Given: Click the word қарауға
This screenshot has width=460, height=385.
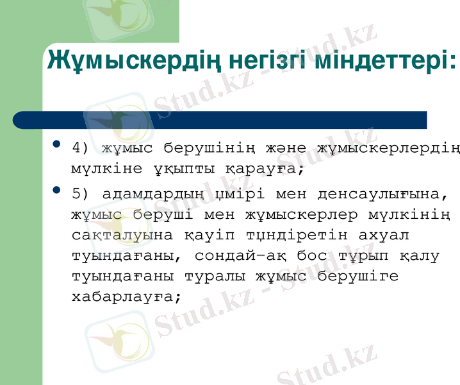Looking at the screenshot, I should click(x=262, y=171).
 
